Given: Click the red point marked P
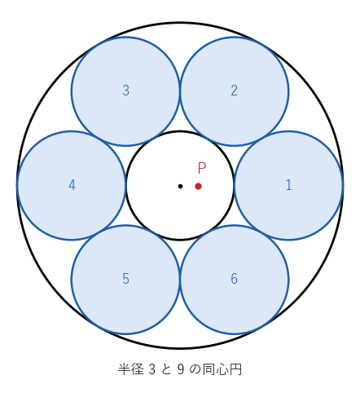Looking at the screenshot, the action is [198, 186].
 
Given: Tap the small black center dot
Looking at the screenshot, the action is [180, 186].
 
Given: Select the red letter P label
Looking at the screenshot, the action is [202, 168].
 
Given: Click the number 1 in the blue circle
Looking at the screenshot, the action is [288, 185].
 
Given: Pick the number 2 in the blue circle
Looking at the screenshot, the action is [234, 91].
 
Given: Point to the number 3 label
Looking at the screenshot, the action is [125, 91].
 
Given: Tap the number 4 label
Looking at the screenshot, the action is [72, 185].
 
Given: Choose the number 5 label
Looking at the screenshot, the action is [125, 279].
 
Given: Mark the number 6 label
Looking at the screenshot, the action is [234, 279].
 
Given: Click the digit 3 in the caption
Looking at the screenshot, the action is [152, 369].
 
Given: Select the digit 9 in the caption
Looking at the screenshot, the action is [181, 369].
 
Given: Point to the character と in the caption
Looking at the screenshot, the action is [166, 369].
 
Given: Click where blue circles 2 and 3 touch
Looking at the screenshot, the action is [180, 91].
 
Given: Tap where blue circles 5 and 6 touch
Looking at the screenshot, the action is [180, 280].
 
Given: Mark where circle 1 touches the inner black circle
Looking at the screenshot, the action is [234, 186].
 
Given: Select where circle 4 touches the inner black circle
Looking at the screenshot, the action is [126, 186].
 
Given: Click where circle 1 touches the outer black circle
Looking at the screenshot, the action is [343, 186].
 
